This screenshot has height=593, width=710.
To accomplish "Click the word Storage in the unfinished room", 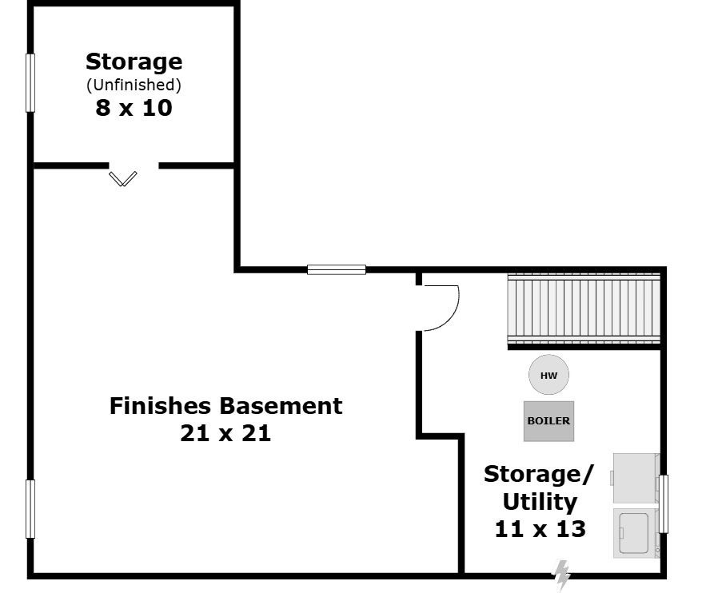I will tap(134, 62).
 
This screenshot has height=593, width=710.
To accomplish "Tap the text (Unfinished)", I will tap(134, 84).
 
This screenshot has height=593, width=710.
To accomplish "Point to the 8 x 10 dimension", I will tap(134, 108).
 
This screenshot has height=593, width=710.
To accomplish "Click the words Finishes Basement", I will tap(225, 405).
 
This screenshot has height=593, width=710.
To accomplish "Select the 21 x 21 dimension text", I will tap(225, 433).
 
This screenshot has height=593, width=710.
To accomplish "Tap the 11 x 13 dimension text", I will tap(540, 528).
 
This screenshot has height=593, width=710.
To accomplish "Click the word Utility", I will tap(540, 502).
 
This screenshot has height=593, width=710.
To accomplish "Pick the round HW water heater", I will tap(548, 375).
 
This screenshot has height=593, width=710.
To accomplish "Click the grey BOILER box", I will tap(548, 420).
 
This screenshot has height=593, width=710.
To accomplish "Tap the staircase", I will tap(584, 309).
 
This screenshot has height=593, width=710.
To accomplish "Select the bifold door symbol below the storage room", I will tap(122, 178).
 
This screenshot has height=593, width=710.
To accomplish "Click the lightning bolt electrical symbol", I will tap(562, 575).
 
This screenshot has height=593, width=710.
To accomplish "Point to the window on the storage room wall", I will tap(30, 82).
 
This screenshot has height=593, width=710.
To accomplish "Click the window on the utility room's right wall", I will tap(663, 504).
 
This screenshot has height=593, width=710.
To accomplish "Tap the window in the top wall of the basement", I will tap(337, 269).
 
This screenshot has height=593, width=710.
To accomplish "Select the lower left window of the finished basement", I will tap(30, 508).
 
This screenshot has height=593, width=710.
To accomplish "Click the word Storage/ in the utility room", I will tap(538, 474).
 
